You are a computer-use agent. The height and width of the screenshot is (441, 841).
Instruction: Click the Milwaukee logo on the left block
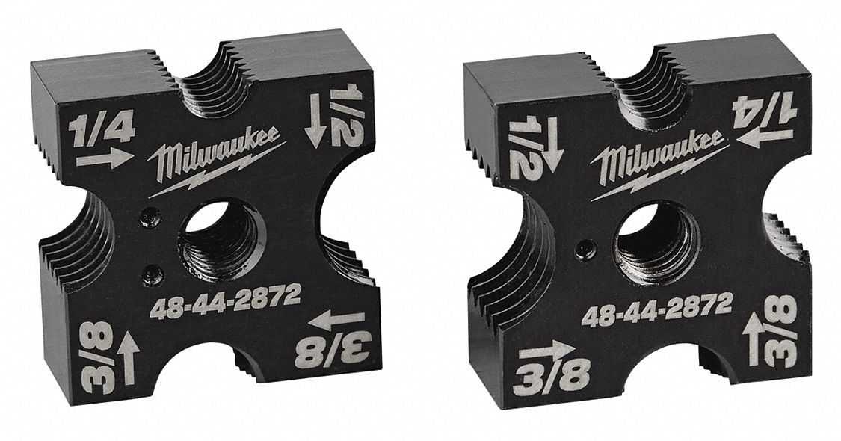218,161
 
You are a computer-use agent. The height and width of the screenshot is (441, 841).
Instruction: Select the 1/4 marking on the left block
102,130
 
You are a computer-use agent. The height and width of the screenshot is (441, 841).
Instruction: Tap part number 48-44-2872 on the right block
657,310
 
